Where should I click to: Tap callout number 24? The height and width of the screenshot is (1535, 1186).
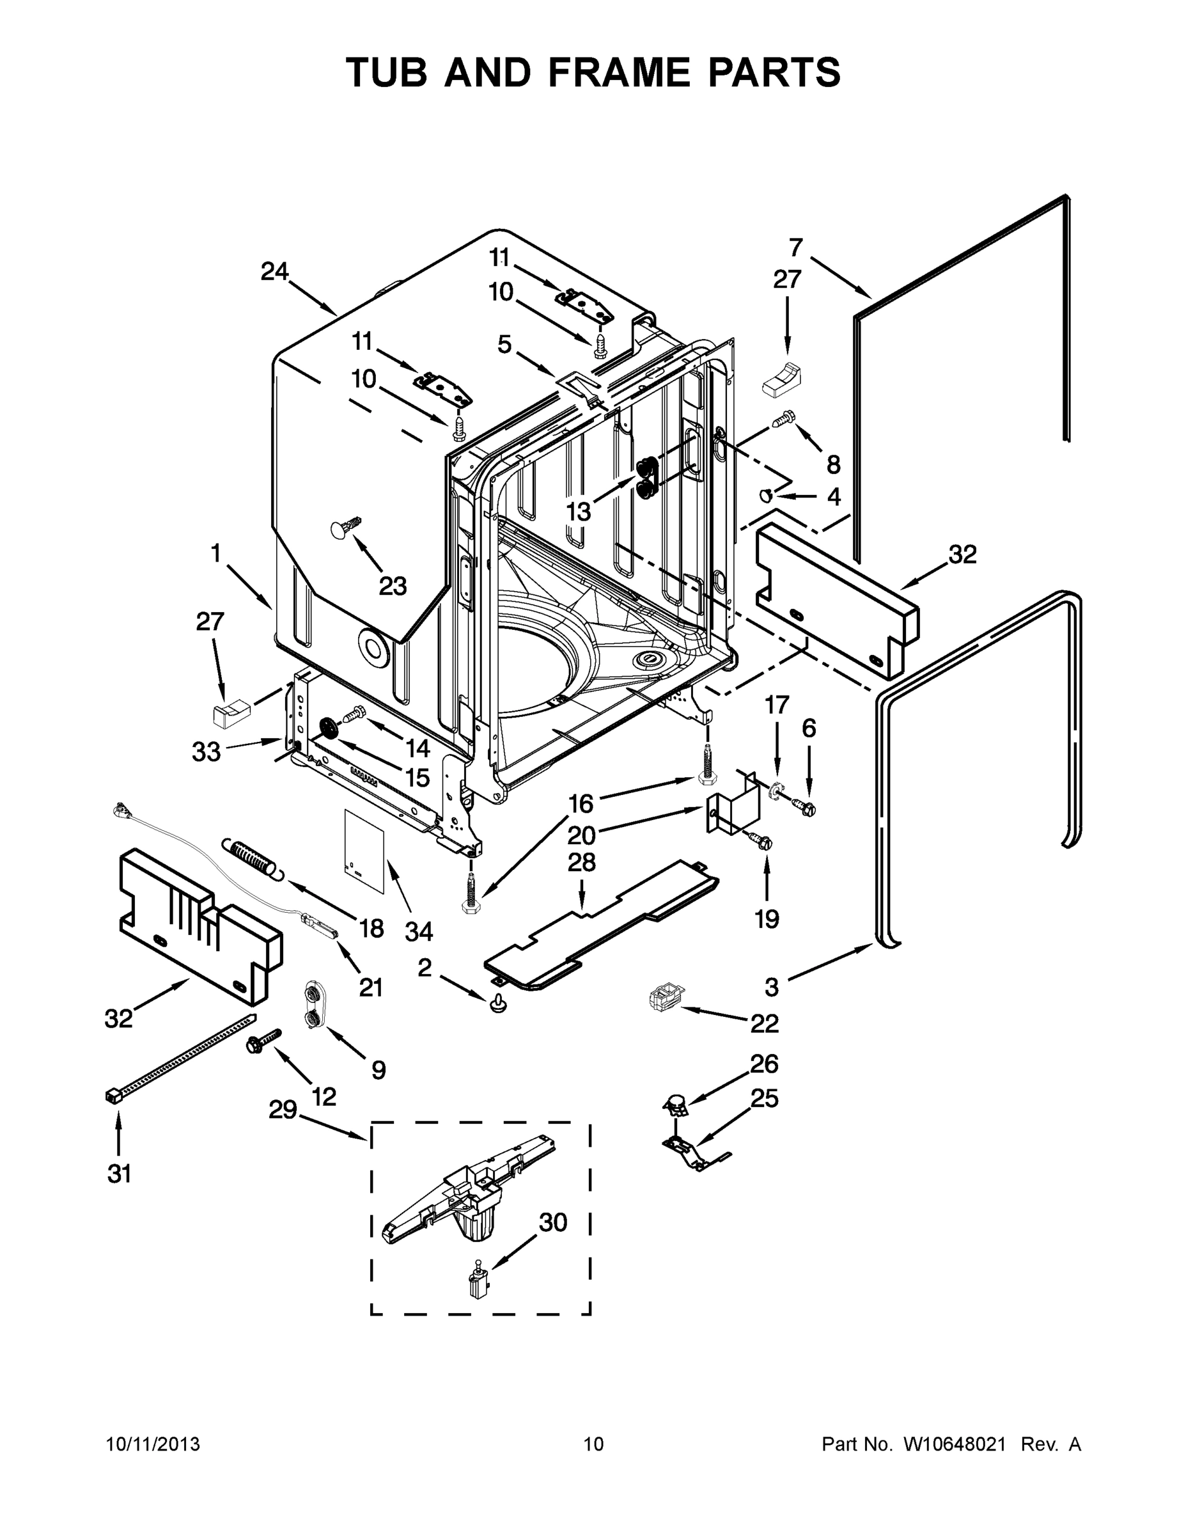click(x=274, y=271)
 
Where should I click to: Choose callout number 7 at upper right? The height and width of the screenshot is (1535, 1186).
click(x=795, y=248)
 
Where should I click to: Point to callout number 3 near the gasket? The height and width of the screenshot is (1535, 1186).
click(x=772, y=987)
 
